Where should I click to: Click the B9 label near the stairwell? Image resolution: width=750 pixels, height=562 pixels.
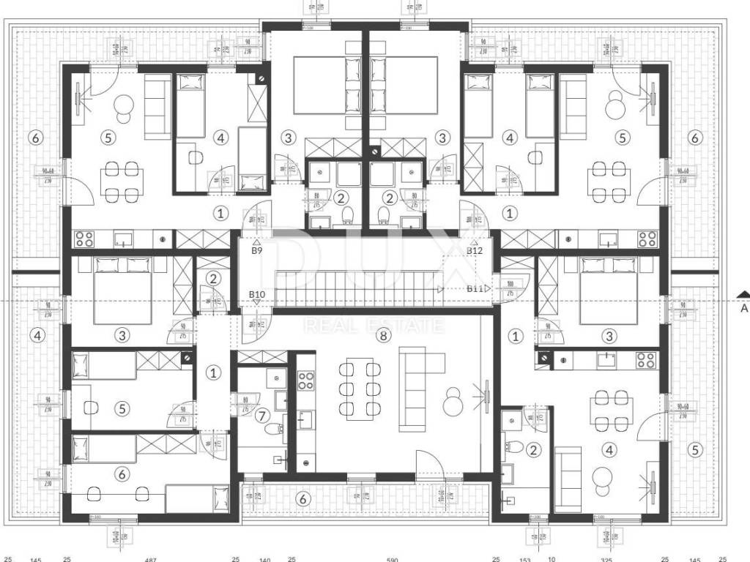click(x=256, y=251)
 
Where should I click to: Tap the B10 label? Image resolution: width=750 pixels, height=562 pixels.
click(x=256, y=295)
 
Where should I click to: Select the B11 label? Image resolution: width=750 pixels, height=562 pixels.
click(x=475, y=288)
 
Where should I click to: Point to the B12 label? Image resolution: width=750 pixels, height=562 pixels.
click(x=475, y=251)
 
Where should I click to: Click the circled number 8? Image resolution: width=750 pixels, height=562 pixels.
click(x=381, y=336)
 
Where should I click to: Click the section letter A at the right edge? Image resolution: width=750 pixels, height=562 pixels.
click(x=744, y=309)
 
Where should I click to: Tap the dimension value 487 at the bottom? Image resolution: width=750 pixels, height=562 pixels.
click(x=151, y=560)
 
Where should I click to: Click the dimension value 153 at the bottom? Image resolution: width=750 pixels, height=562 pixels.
click(x=525, y=560)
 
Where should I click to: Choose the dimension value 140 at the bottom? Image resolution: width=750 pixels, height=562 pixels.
click(x=265, y=560)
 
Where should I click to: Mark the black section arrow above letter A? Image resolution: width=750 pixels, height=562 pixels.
click(x=743, y=295)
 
